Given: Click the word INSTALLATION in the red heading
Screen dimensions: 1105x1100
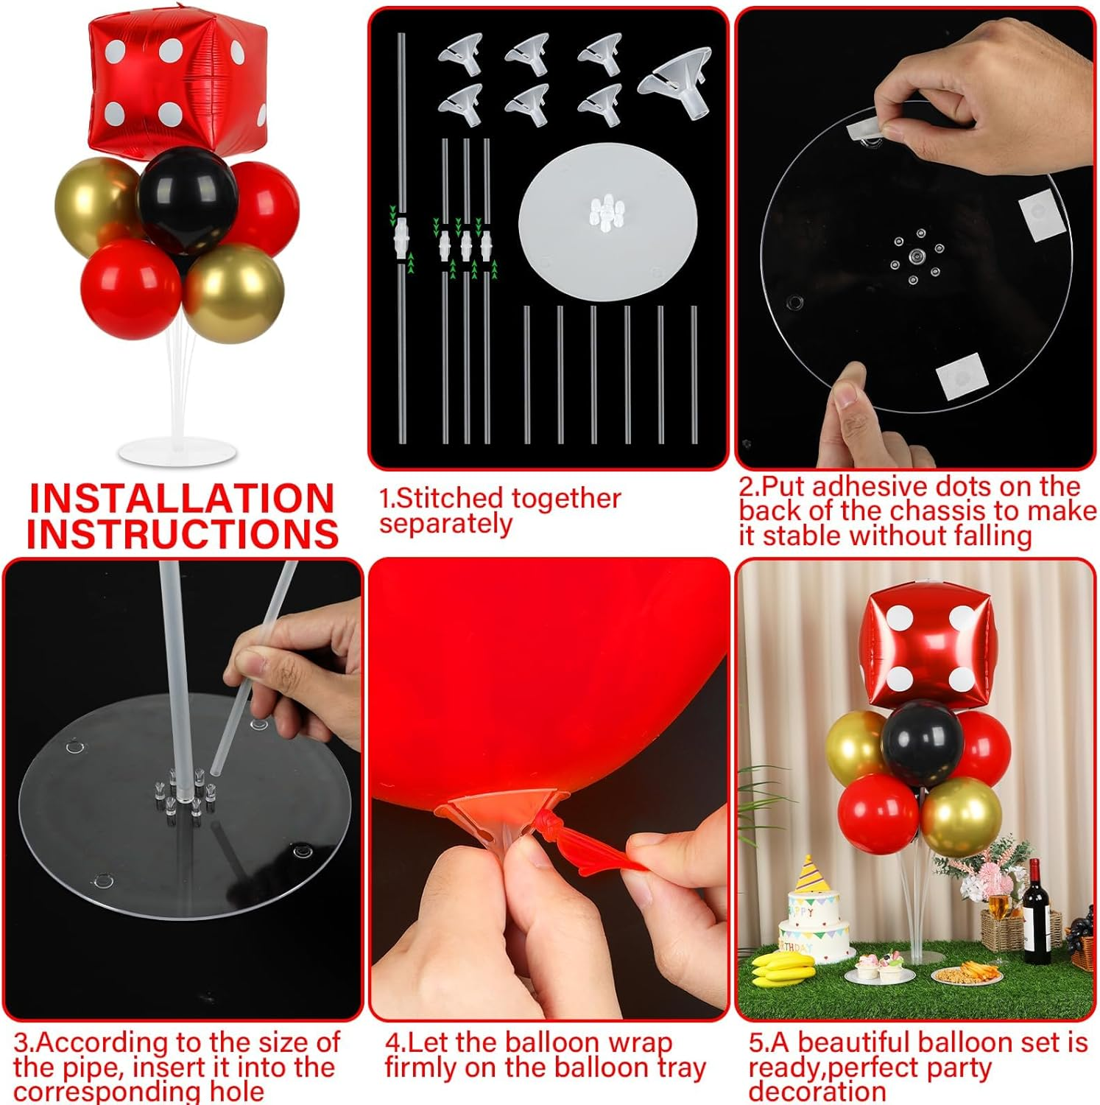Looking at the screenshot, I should click(182, 499).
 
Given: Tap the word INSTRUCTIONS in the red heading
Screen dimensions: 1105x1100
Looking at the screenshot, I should click(182, 534).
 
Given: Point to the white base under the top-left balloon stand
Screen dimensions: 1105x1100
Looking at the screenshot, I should click(177, 451).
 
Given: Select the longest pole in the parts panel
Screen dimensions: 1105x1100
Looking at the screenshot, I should click(402, 236).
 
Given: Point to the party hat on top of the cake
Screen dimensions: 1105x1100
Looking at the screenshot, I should click(808, 874).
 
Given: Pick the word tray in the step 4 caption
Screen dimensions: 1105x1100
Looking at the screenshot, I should click(681, 1067).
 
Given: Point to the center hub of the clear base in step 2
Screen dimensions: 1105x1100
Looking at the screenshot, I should click(915, 255).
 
